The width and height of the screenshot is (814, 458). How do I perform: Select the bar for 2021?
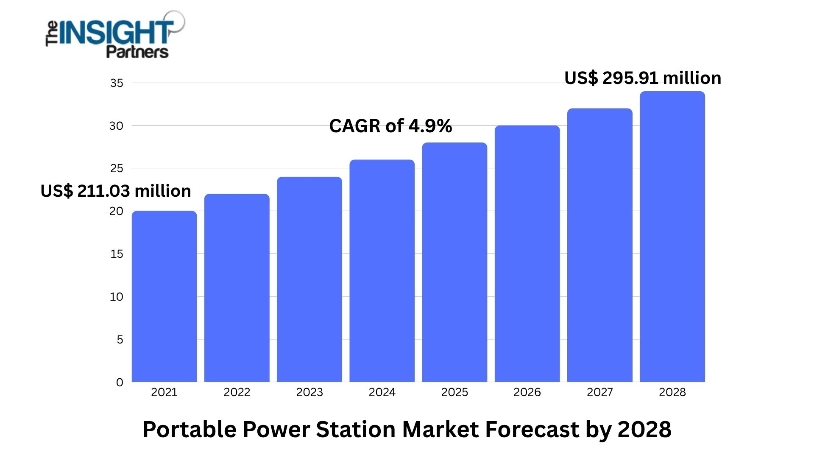click(x=164, y=297)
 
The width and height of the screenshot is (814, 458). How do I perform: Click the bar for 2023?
click(x=309, y=280)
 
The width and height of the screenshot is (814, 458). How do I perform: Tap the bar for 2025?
click(x=454, y=263)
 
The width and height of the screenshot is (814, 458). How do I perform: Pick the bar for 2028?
click(x=672, y=237)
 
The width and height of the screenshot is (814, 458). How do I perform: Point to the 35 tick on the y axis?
click(x=117, y=83)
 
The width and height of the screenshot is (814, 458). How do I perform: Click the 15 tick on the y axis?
click(x=117, y=254)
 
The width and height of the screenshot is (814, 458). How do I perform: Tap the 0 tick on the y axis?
click(x=120, y=382)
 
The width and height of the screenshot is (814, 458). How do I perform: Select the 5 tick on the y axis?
click(x=120, y=339)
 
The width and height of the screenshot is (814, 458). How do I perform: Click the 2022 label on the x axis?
click(x=237, y=392)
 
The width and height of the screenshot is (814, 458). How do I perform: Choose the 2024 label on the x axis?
click(x=382, y=392)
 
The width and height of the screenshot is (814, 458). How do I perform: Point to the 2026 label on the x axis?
click(x=527, y=392)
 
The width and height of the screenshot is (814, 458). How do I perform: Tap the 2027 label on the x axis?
click(x=599, y=392)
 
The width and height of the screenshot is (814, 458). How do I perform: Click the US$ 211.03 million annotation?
click(x=116, y=191)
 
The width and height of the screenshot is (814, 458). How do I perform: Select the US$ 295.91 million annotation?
click(x=643, y=78)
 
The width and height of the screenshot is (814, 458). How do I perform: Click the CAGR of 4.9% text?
click(x=390, y=126)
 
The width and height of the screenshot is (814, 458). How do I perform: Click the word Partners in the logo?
click(x=137, y=52)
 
